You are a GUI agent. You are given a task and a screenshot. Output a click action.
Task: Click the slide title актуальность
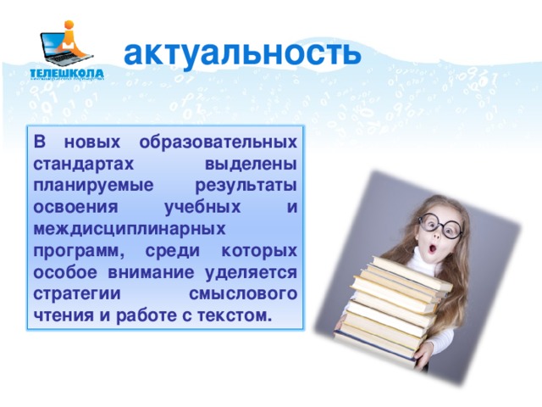coord(242,53)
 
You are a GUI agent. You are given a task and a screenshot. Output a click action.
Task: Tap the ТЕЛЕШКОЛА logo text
coord(67,74)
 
